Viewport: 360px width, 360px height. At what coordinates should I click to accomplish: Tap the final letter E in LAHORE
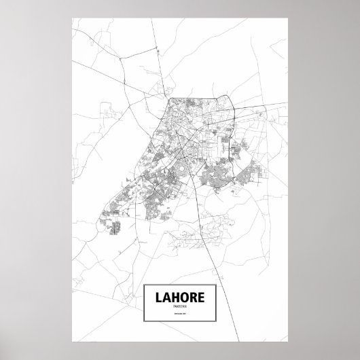[x=203, y=297]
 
